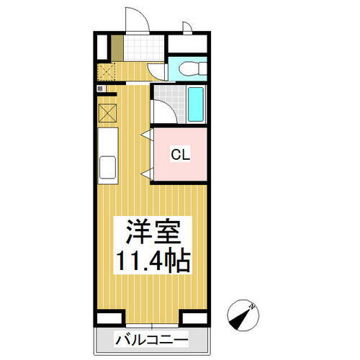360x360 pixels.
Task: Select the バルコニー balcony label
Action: coord(151,339)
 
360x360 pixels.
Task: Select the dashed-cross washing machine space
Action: coord(107,72)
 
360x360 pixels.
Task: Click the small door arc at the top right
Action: coord(186,28)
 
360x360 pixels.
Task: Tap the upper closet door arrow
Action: coord(147,134)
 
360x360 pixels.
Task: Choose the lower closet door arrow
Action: coord(147,172)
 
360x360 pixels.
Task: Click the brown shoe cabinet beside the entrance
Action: coord(116,48)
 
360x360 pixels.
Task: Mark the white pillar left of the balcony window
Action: coord(109,318)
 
